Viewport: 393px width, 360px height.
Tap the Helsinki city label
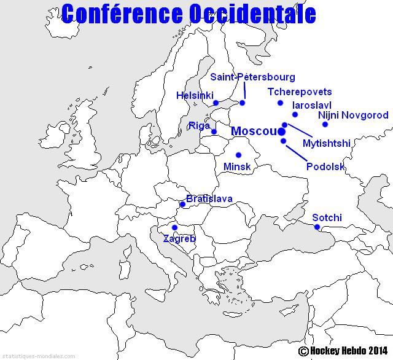click(195, 96)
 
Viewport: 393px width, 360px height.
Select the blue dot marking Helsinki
click(216, 103)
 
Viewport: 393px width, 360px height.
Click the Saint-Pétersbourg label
click(252, 77)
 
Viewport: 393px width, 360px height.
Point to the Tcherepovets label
click(300, 92)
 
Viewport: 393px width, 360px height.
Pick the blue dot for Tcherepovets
click(280, 103)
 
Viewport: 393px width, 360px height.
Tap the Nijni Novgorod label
click(353, 115)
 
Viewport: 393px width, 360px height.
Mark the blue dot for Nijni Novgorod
click(325, 125)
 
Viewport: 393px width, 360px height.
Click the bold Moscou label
click(252, 131)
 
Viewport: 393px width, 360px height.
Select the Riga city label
click(200, 125)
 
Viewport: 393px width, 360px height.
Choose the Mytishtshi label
click(327, 144)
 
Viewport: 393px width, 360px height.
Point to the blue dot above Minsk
click(238, 155)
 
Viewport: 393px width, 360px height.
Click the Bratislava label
click(209, 199)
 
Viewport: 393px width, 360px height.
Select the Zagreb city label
click(179, 238)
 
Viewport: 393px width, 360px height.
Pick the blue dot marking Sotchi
click(317, 227)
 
